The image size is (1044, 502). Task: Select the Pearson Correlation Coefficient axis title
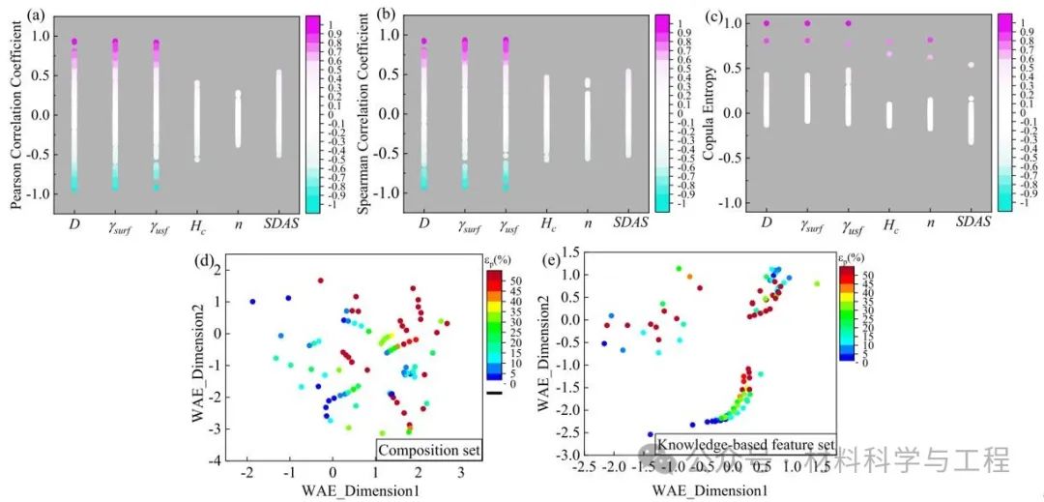(15, 114)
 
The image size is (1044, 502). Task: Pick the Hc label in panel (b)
(546, 225)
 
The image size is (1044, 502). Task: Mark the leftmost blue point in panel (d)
(253, 302)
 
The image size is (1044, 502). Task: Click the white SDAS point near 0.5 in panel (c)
(932, 65)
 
